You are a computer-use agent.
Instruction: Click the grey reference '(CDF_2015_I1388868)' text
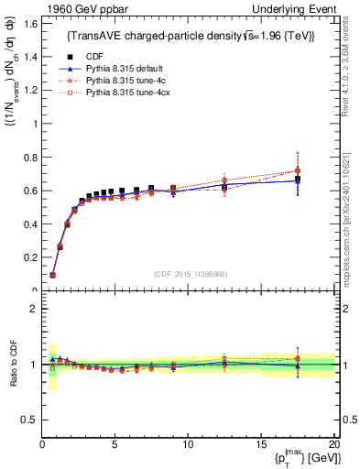pyautogui.click(x=191, y=274)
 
